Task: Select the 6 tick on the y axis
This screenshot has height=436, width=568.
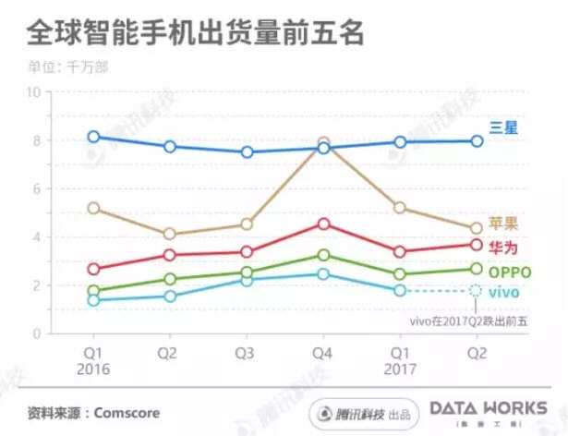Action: (x=36, y=188)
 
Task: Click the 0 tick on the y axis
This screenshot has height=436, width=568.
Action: (x=36, y=333)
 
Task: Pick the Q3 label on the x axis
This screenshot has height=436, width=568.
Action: (x=247, y=352)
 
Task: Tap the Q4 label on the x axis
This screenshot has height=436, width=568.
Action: (x=323, y=352)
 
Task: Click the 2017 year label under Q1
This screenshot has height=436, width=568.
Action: (x=399, y=369)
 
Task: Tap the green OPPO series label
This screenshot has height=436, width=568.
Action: (x=509, y=271)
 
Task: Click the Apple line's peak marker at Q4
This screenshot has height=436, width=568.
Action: (x=323, y=144)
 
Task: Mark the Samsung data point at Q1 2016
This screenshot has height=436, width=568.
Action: (x=93, y=137)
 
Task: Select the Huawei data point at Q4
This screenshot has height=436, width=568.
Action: (x=323, y=224)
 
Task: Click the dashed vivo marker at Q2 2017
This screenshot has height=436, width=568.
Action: (x=476, y=290)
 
